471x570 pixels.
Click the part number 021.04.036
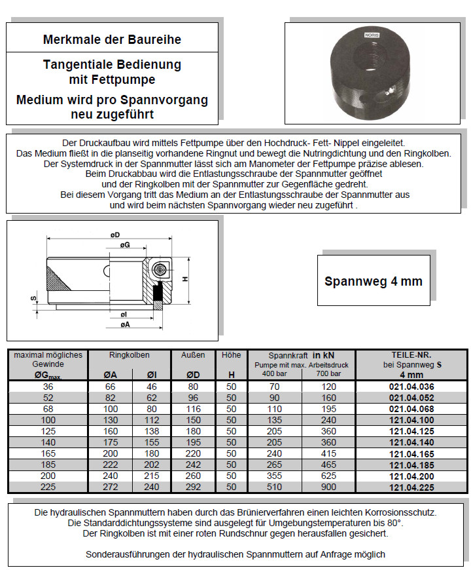(411, 387)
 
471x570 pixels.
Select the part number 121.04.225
(411, 486)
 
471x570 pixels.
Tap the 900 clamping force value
(328, 486)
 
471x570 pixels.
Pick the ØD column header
(193, 375)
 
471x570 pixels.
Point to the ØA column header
(111, 375)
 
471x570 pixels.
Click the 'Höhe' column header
(231, 355)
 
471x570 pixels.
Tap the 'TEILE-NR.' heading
(411, 355)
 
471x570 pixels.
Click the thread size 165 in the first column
(48, 453)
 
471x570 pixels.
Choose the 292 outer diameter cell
(193, 486)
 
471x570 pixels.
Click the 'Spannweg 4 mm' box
(374, 281)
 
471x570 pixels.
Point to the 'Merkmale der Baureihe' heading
(112, 40)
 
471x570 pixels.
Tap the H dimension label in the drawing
(185, 279)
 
